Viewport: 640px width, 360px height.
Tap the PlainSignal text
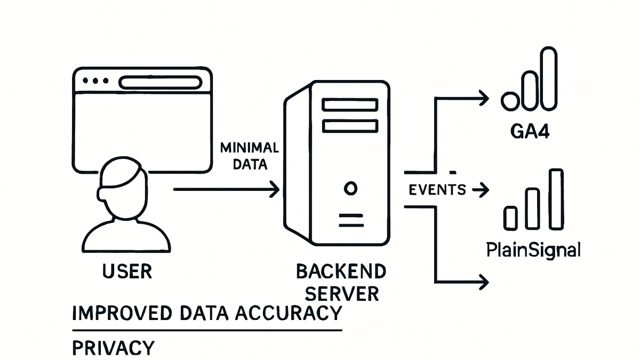[533, 250]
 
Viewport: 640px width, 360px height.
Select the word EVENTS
[437, 190]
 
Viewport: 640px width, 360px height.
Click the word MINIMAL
[250, 148]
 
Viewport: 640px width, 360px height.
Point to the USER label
[127, 271]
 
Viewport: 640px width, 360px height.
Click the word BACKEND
[341, 271]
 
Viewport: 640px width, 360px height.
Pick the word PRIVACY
[114, 348]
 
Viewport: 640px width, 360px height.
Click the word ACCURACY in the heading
[289, 313]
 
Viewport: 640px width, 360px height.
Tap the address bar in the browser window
[161, 83]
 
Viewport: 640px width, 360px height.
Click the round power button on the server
[350, 189]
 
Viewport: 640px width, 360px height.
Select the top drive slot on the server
[350, 105]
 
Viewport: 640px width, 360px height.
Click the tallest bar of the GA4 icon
[549, 78]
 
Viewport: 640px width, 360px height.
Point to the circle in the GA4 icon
[510, 101]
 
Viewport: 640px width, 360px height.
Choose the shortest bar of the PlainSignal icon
[510, 218]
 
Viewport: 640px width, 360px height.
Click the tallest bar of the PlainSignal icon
[556, 199]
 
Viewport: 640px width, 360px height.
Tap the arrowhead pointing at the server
[275, 189]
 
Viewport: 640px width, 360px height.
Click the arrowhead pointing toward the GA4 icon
[484, 98]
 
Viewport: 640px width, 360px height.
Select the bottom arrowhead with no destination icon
[484, 282]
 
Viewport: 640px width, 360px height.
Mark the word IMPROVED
[122, 313]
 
